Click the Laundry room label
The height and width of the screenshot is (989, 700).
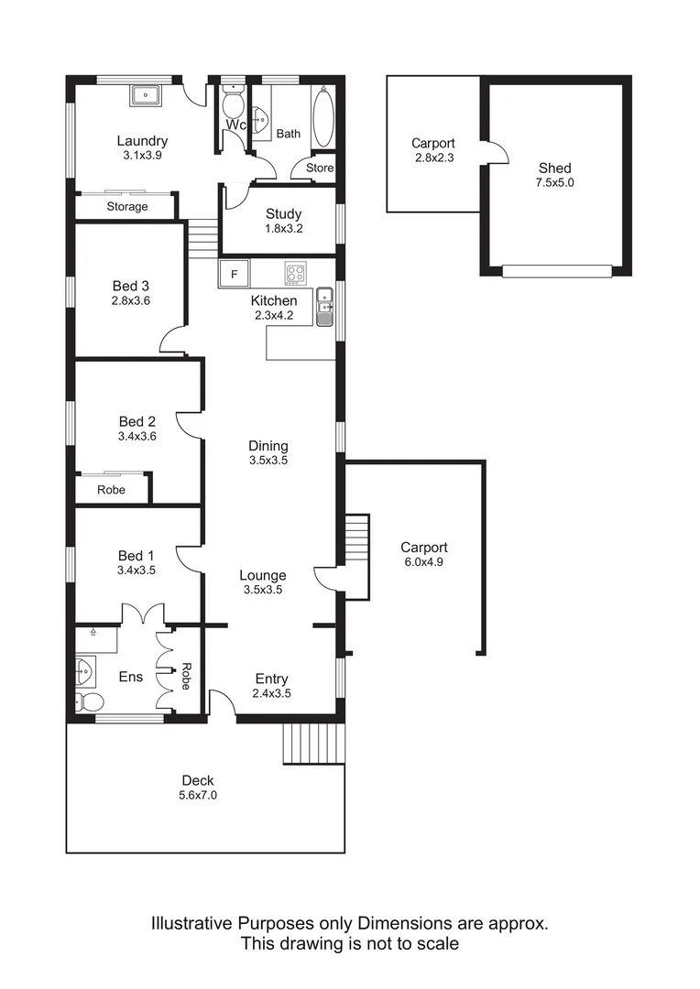coord(142,141)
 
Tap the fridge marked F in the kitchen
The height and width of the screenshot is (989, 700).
coord(234,274)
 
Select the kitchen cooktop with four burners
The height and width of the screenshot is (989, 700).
coord(296,272)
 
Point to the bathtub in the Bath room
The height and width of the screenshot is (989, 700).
coord(323,117)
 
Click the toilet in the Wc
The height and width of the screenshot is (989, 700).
coord(234,103)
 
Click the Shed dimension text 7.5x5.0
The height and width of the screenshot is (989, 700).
coord(555,182)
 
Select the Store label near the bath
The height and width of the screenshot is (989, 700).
coord(320,168)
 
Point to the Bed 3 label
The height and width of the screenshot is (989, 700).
coord(130,286)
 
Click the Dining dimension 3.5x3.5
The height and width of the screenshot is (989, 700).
coord(268,461)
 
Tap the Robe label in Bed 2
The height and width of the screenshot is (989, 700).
coord(112,490)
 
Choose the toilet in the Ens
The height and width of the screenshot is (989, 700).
coord(90,702)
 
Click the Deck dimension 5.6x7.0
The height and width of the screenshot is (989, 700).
coord(198,795)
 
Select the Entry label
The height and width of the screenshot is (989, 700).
coord(271,679)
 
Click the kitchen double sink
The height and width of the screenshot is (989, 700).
coord(324,307)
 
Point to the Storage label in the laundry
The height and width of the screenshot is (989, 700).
coord(127,207)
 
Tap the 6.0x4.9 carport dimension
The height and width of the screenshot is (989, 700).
coord(422,562)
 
